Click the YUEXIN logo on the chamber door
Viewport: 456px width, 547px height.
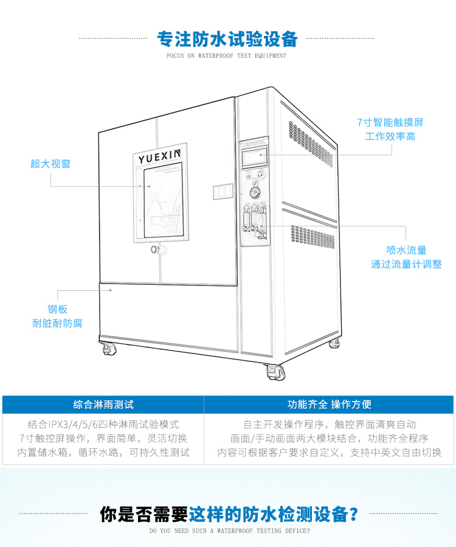[x=159, y=158]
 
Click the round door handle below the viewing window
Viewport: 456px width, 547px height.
[x=155, y=249]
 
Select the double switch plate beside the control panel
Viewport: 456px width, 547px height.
[x=223, y=192]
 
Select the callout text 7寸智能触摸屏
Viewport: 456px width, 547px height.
[x=390, y=122]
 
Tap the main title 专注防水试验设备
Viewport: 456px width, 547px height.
[x=227, y=38]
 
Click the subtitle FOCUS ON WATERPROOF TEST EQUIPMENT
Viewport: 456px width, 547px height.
[x=226, y=56]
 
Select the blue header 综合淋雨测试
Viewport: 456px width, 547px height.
[x=103, y=404]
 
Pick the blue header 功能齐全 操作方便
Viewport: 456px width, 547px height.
[x=329, y=404]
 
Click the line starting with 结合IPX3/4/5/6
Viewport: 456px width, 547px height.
[x=103, y=424]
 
